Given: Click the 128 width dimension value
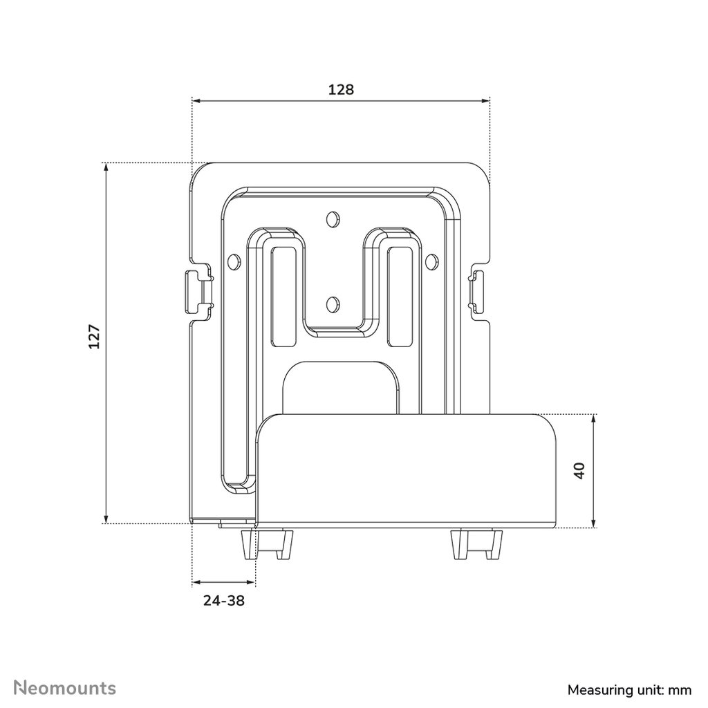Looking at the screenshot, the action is click(341, 89).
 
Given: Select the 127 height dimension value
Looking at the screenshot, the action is click(94, 337).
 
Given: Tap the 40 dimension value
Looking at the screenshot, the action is click(580, 470).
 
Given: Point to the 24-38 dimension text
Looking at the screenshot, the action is click(224, 601).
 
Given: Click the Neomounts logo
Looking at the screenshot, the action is click(64, 688).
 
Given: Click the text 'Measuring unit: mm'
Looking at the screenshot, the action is click(629, 690).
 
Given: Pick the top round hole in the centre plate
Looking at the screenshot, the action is click(333, 218).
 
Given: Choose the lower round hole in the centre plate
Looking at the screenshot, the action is click(333, 304).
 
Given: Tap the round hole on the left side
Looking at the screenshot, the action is click(234, 261).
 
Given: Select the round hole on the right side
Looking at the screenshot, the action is click(431, 261).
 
